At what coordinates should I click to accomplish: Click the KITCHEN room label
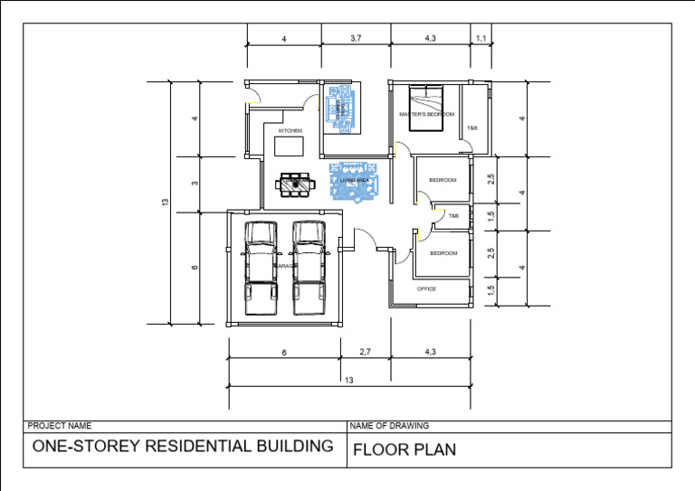(x=290, y=131)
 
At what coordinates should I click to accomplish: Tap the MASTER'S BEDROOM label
(x=426, y=115)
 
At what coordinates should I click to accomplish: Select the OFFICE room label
(x=426, y=289)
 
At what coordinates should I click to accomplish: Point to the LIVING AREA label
(x=355, y=181)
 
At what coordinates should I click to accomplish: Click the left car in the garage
(x=262, y=268)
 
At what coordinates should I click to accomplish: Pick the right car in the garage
(x=308, y=268)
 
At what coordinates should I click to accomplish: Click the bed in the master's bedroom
(x=426, y=107)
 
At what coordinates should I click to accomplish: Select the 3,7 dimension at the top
(x=356, y=38)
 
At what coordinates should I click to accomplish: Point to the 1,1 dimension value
(x=481, y=38)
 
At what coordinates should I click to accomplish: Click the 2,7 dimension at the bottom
(x=365, y=351)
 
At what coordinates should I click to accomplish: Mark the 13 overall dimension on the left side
(x=165, y=202)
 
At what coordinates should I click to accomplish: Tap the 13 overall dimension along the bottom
(x=349, y=381)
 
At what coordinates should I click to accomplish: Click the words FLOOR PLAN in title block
(x=405, y=449)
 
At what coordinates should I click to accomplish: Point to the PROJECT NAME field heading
(x=60, y=425)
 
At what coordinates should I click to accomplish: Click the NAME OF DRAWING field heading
(x=389, y=425)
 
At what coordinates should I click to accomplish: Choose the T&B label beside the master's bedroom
(x=471, y=128)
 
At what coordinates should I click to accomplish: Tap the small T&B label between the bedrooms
(x=453, y=216)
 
